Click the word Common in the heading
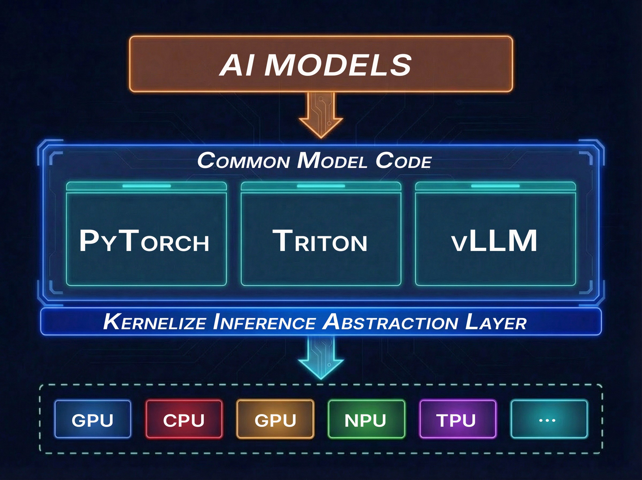pyautogui.click(x=243, y=161)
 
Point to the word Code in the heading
pyautogui.click(x=403, y=161)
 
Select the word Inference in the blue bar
pyautogui.click(x=264, y=322)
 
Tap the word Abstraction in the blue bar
pyautogui.click(x=390, y=322)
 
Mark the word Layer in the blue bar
pyautogui.click(x=495, y=322)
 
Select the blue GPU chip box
pyautogui.click(x=93, y=419)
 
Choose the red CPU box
pyautogui.click(x=184, y=419)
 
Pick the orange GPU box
pyautogui.click(x=275, y=419)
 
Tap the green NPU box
pyautogui.click(x=366, y=419)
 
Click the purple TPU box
pyautogui.click(x=458, y=419)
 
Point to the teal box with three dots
pyautogui.click(x=549, y=419)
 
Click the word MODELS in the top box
pyautogui.click(x=338, y=65)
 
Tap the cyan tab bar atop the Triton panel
pyautogui.click(x=321, y=186)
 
